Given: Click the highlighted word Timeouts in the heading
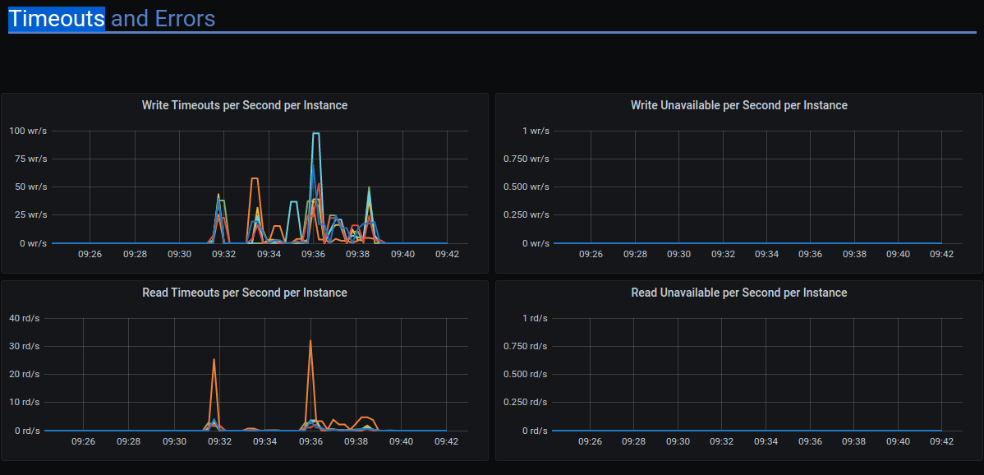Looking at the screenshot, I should point(57,18).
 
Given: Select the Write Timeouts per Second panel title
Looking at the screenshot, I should point(244,105).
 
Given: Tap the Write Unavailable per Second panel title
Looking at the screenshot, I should point(738,105).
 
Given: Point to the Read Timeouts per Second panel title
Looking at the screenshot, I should point(244,293).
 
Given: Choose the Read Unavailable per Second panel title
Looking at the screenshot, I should point(738,293).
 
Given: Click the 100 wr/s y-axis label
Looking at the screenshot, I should point(28,131).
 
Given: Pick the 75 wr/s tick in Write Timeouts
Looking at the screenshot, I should point(30,159).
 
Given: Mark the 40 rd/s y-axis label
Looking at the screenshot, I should point(24,318).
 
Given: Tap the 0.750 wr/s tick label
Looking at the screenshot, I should point(526,159).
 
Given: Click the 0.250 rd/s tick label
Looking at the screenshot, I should point(525,402).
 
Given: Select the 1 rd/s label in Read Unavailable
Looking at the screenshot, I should point(535,318).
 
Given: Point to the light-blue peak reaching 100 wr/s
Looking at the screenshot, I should point(315,133).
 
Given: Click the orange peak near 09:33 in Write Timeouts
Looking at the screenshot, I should point(255,178).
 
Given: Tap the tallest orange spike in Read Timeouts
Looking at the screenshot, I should point(310,341).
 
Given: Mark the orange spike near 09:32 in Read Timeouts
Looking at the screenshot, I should point(214,359).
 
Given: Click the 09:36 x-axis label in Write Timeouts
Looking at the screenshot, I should point(313,254).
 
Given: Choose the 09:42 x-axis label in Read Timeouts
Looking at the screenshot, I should point(446,441).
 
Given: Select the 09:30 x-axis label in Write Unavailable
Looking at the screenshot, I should point(678,254).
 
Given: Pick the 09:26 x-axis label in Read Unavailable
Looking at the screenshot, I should point(590,441).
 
